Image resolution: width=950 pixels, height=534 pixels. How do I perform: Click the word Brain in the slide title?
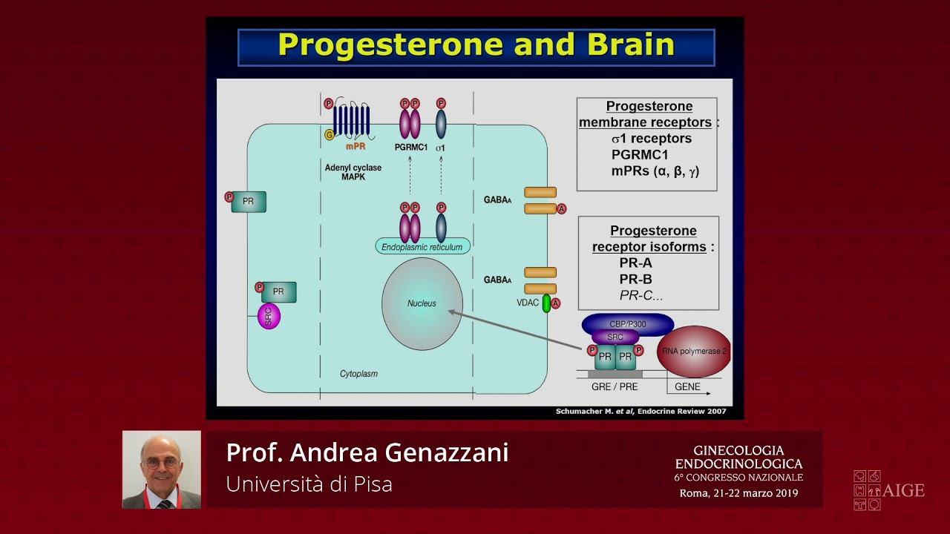click(631, 45)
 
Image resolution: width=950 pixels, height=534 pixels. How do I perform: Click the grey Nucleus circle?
click(422, 303)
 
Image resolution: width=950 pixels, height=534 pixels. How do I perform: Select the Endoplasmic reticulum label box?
click(422, 247)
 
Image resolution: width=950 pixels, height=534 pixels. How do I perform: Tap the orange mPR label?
click(356, 147)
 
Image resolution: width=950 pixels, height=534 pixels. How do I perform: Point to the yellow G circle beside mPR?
click(329, 134)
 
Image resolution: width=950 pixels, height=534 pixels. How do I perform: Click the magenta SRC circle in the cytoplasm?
click(269, 317)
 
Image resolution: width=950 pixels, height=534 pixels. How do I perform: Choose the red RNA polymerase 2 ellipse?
click(694, 352)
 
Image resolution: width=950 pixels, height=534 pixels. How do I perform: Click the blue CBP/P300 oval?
click(628, 324)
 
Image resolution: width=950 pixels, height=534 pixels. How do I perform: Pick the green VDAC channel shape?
click(546, 303)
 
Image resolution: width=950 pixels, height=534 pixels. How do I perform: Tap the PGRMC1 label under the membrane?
click(411, 148)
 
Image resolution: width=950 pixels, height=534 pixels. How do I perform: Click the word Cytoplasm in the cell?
click(358, 374)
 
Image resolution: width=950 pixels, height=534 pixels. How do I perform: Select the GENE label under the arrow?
click(687, 387)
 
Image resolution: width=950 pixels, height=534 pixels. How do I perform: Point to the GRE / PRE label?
click(615, 387)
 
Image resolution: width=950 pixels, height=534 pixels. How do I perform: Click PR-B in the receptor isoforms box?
click(636, 280)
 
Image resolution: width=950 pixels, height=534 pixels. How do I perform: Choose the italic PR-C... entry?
click(641, 295)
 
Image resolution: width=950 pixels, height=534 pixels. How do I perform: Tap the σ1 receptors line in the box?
click(651, 139)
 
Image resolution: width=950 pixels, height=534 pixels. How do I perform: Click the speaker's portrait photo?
click(162, 469)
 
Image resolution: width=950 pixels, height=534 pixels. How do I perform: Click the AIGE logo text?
click(904, 490)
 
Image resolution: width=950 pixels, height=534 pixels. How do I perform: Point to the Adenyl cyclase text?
click(353, 168)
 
